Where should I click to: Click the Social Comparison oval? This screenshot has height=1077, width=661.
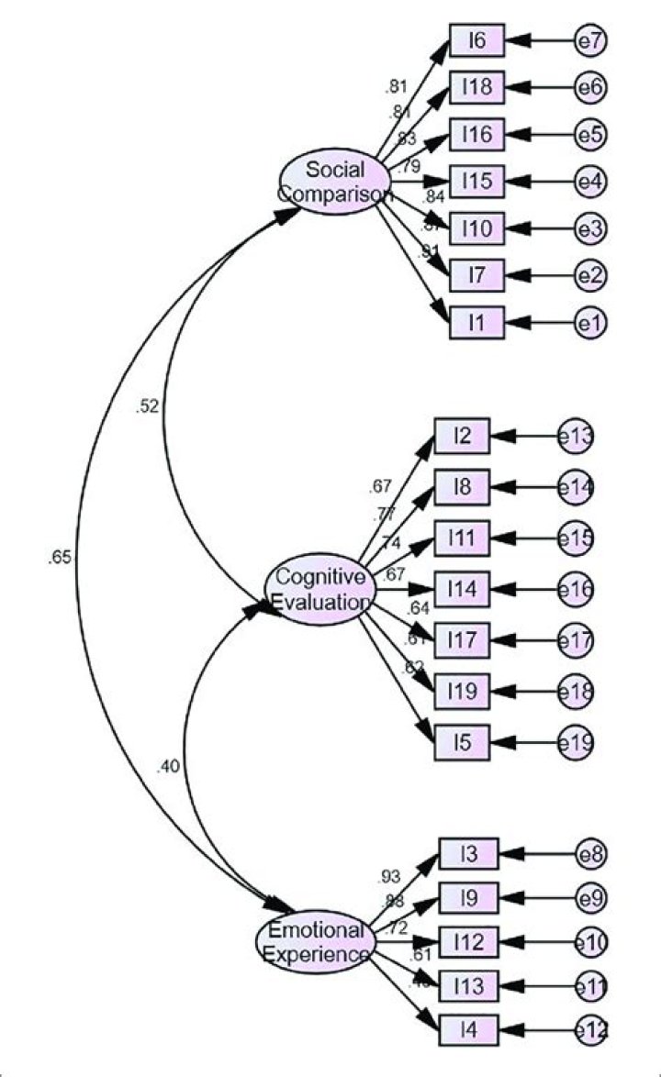[336, 182]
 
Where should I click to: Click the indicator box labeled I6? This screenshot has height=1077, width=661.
[476, 40]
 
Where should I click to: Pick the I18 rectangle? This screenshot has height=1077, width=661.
[476, 87]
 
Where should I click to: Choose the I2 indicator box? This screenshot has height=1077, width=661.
[462, 438]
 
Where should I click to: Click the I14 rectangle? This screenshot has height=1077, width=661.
[462, 588]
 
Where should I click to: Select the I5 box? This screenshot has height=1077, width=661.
[462, 741]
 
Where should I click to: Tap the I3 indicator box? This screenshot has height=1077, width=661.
[467, 855]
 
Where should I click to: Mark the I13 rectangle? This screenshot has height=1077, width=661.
[467, 985]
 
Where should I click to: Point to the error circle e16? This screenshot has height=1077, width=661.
[576, 588]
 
